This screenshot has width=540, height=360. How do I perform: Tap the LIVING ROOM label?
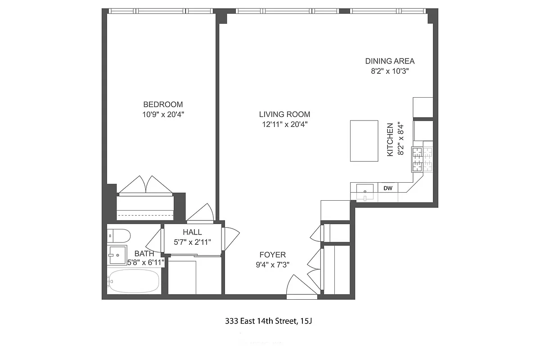[284, 114]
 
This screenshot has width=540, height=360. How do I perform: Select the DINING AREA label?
[390, 61]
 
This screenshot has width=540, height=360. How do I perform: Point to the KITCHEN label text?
[390, 139]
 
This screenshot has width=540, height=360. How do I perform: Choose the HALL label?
[192, 232]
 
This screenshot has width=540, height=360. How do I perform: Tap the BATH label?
[144, 254]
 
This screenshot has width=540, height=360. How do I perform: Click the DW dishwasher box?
[387, 188]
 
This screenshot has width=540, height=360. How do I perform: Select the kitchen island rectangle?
[364, 140]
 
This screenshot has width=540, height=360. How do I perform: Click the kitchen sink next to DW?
[365, 191]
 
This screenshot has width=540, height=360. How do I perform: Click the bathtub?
[134, 281]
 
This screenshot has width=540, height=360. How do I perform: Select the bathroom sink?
[117, 255]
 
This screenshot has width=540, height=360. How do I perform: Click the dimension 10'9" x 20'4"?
[163, 115]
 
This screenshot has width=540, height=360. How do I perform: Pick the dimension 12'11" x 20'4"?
[284, 124]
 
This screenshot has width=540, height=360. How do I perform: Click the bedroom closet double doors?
[145, 185]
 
